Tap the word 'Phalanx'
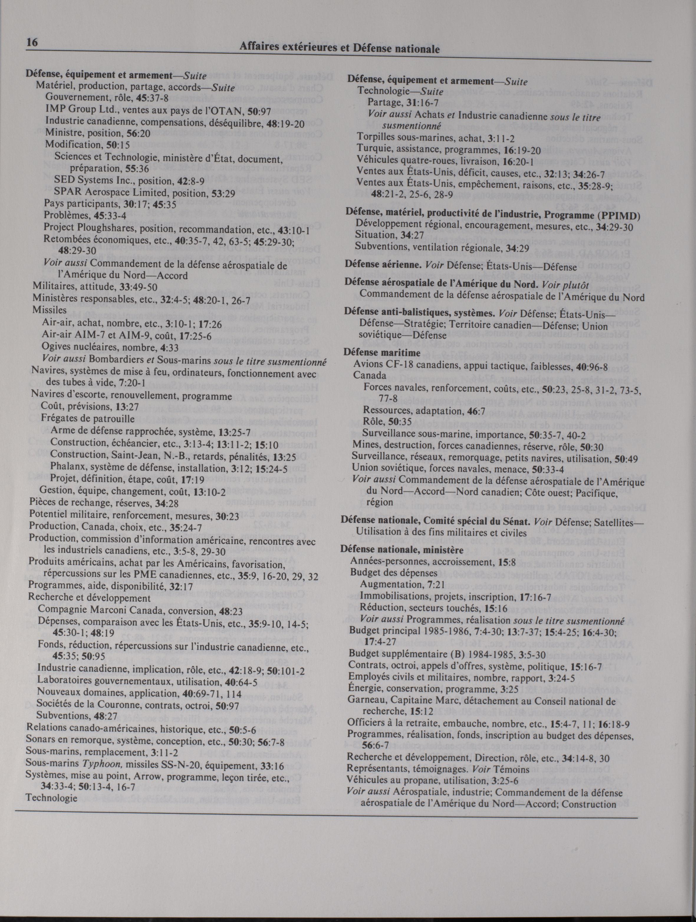coord(68,468)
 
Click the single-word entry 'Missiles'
coord(50,310)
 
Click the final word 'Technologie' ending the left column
coord(51,798)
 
